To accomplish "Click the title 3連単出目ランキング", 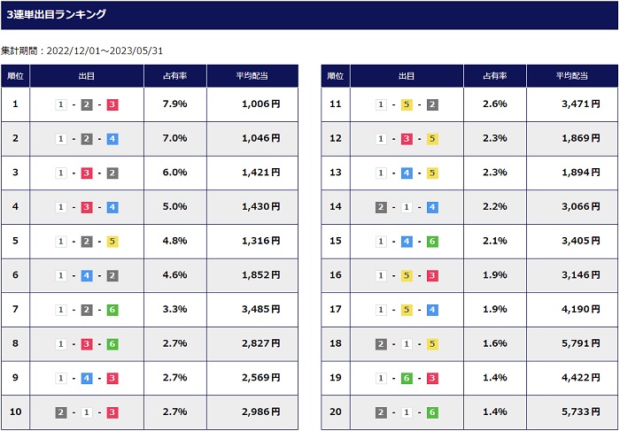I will (x=57, y=15).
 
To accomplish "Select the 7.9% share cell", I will (x=174, y=104).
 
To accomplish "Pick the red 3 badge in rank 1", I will (x=112, y=104).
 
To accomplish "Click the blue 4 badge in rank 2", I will (x=112, y=139).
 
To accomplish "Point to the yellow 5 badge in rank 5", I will (x=112, y=242).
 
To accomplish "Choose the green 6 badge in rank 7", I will (x=112, y=310).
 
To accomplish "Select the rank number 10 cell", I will (x=15, y=412).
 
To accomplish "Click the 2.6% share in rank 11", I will (x=494, y=104).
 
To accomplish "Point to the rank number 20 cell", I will (x=336, y=412).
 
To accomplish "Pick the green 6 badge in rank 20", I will (x=432, y=412).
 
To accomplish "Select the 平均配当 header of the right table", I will (x=572, y=76).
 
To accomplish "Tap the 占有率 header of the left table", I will (x=175, y=76).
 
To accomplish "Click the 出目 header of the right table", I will (x=407, y=76).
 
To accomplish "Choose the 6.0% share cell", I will (x=174, y=173).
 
